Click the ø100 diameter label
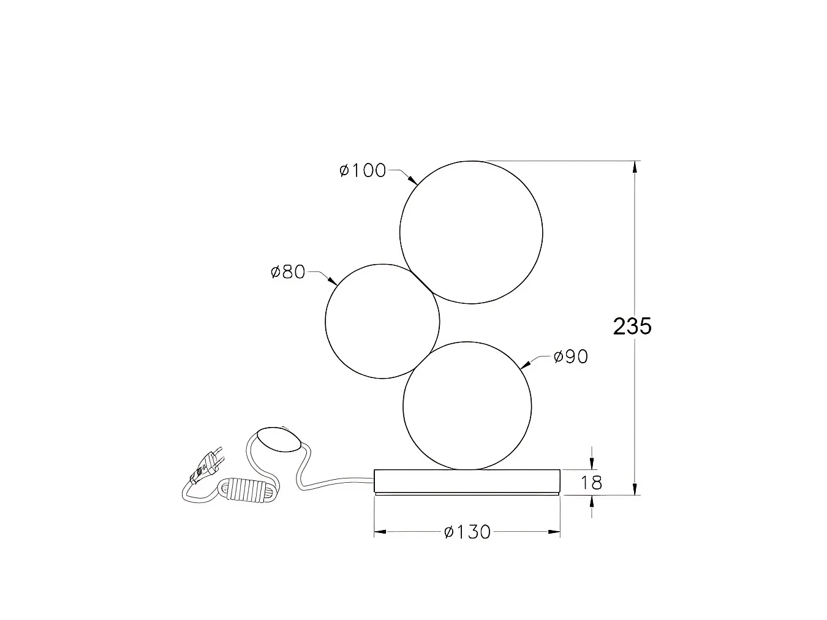(x=363, y=170)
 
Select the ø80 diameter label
(x=288, y=271)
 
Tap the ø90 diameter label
(x=571, y=357)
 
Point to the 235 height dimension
(x=632, y=326)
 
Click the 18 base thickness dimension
(x=591, y=483)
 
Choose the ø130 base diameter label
(x=467, y=532)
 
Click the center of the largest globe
(x=471, y=232)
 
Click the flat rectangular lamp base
(x=467, y=482)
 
